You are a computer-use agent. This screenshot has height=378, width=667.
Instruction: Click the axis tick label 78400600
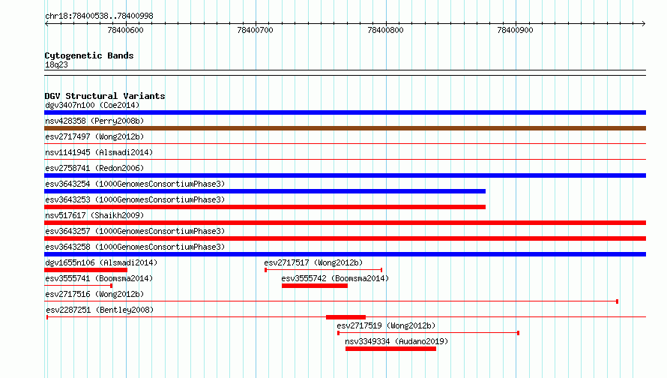point(125,30)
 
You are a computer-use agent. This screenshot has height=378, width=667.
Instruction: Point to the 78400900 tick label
point(515,30)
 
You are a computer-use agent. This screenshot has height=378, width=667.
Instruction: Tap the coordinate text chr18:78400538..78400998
point(99,16)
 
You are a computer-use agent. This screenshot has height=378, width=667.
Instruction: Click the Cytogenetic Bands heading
point(89,55)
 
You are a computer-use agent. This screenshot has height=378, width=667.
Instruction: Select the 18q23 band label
point(56,64)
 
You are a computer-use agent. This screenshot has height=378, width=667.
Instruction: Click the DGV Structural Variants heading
point(105,96)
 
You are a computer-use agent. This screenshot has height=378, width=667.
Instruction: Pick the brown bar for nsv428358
point(345,128)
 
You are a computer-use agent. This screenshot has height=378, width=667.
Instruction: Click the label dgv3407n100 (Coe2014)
point(92,105)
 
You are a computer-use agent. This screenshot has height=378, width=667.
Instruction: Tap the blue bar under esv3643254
point(265,191)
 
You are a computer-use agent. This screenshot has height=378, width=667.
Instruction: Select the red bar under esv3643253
point(265,207)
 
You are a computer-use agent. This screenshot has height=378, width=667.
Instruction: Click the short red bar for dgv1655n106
point(86,270)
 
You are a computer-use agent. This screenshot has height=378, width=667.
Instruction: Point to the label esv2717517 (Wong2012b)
point(313,262)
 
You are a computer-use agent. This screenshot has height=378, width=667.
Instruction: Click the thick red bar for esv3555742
point(315,286)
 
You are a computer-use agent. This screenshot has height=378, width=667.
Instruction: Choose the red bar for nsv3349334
point(391,349)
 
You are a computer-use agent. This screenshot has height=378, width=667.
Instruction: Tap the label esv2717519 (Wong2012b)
point(386,325)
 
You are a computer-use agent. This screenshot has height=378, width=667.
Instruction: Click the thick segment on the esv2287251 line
point(345,317)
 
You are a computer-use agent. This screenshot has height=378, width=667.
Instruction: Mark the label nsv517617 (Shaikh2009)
point(94,215)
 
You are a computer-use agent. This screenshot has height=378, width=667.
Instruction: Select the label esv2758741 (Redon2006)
point(94,168)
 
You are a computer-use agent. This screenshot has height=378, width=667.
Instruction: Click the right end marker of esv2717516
point(618,301)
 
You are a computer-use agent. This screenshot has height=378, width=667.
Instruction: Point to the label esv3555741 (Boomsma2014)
point(99,278)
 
